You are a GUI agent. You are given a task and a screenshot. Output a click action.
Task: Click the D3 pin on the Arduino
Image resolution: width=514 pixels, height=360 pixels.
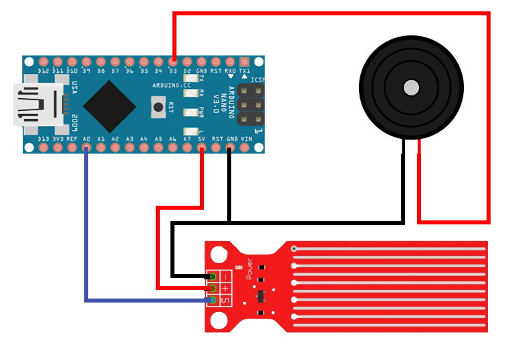pyautogui.click(x=173, y=62)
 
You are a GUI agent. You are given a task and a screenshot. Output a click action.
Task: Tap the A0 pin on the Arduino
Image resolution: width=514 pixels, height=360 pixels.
pyautogui.click(x=87, y=147)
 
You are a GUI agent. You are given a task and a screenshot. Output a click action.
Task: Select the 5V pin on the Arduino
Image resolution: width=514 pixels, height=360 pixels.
pyautogui.click(x=202, y=147)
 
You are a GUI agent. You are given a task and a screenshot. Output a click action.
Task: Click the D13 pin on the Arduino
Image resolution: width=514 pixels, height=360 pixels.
pyautogui.click(x=43, y=147)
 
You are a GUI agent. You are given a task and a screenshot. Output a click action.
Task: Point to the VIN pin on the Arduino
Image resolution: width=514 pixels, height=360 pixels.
pyautogui.click(x=246, y=147)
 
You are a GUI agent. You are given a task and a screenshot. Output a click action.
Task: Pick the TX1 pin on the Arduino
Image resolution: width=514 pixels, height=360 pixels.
pyautogui.click(x=245, y=62)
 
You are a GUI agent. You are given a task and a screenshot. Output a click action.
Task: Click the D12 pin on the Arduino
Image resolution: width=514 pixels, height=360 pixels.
pyautogui.click(x=43, y=62)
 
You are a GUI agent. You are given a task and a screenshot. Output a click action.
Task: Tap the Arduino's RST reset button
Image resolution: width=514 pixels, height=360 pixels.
pyautogui.click(x=158, y=107)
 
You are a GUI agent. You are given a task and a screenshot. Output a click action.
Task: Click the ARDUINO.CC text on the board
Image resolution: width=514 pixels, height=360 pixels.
pyautogui.click(x=172, y=85)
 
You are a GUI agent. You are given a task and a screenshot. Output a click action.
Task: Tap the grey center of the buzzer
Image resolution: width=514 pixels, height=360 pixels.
pyautogui.click(x=411, y=87)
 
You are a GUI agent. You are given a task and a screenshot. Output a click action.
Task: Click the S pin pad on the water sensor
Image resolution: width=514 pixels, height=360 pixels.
pyautogui.click(x=213, y=301)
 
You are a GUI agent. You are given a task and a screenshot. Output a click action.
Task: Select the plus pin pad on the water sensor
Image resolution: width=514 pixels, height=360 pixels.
pyautogui.click(x=213, y=289)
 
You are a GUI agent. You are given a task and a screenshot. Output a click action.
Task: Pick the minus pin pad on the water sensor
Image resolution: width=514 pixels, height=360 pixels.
pyautogui.click(x=213, y=276)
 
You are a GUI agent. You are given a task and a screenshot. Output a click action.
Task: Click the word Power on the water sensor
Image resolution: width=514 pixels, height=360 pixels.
pyautogui.click(x=249, y=268)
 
